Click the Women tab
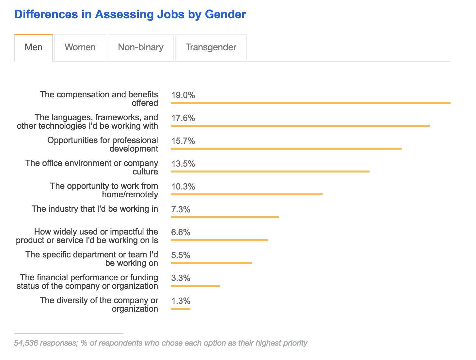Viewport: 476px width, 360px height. [x=80, y=47]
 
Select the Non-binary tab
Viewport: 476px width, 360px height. [x=141, y=47]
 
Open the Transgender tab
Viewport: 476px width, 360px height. [x=211, y=47]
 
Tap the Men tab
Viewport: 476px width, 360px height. [x=34, y=47]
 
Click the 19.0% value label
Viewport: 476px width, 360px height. [x=183, y=95]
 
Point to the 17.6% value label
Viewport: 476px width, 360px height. [x=183, y=118]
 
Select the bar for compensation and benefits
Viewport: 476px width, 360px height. [x=310, y=103]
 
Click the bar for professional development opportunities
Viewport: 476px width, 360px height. [x=286, y=149]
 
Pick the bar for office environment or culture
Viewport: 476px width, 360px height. [x=270, y=172]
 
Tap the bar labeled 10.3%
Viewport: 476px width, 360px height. [x=246, y=194]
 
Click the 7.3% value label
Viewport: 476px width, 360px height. [x=181, y=209]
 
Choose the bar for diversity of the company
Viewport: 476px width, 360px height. [x=180, y=309]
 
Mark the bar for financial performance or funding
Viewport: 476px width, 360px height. [x=195, y=286]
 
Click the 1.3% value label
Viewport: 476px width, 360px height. [x=181, y=301]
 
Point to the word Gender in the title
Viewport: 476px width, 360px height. [x=225, y=14]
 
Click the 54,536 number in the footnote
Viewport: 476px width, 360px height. [x=26, y=343]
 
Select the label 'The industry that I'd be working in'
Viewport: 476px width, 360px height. [x=95, y=209]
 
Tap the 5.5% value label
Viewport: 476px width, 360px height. [x=181, y=255]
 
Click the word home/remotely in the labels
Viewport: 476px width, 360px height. [x=130, y=195]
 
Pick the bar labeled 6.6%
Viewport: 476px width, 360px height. [x=219, y=240]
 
